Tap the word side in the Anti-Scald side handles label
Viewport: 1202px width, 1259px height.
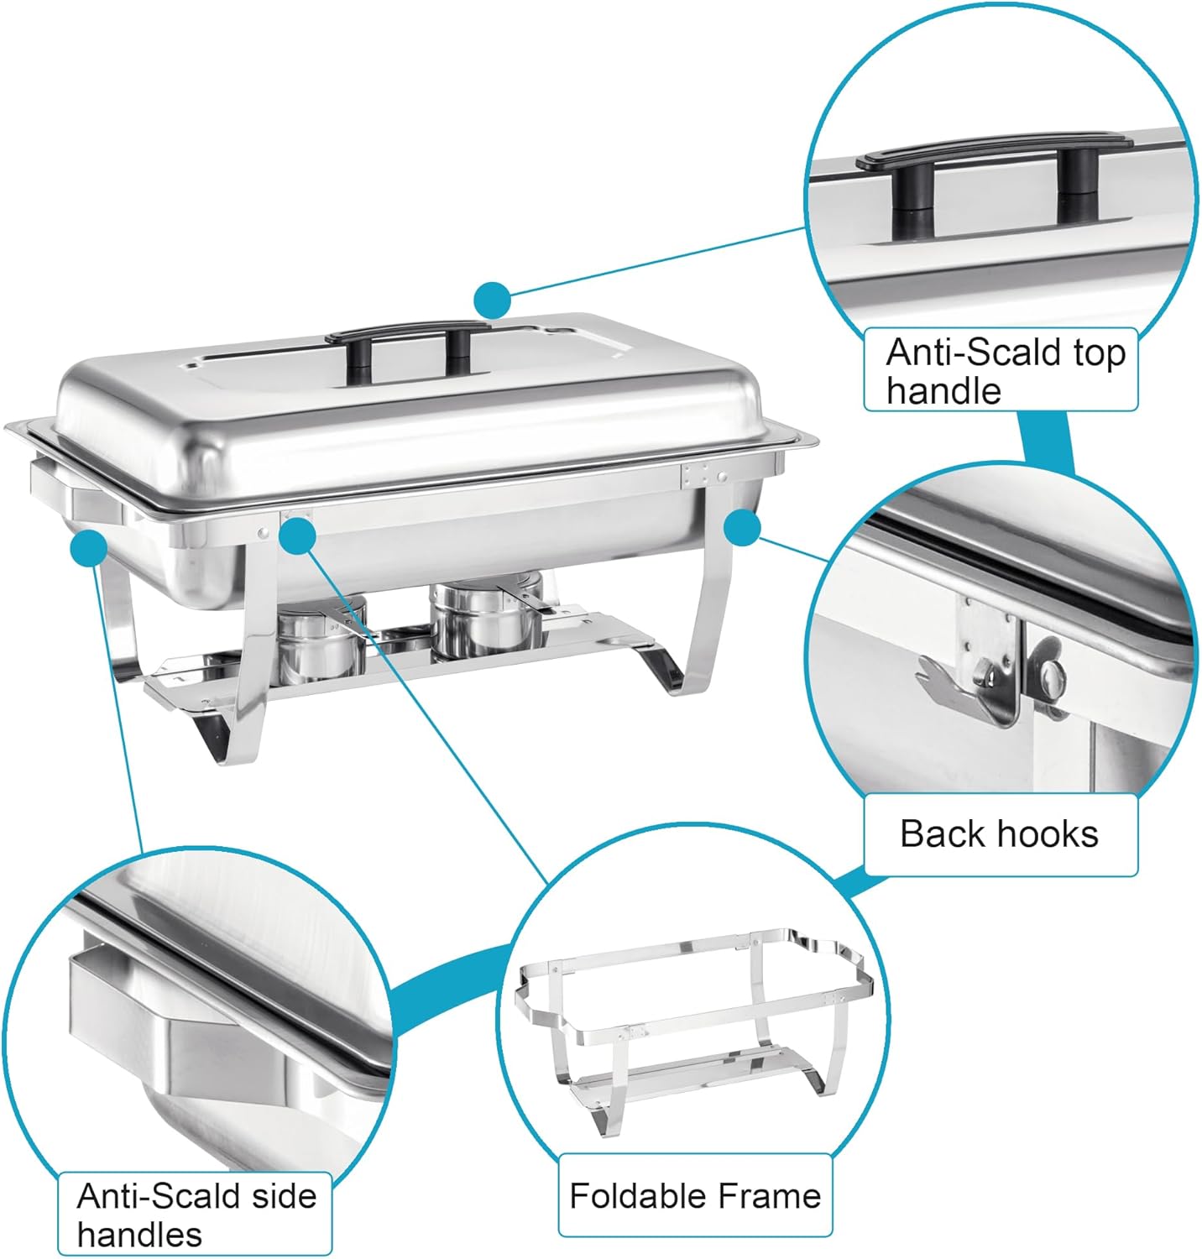click(x=280, y=1195)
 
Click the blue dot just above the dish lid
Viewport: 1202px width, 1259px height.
click(x=492, y=299)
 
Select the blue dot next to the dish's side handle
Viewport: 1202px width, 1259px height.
click(x=89, y=548)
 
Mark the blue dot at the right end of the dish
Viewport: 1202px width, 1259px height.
click(x=741, y=527)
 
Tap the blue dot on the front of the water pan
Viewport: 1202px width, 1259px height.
click(x=297, y=535)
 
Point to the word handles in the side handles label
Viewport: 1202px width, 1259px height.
click(x=139, y=1235)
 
